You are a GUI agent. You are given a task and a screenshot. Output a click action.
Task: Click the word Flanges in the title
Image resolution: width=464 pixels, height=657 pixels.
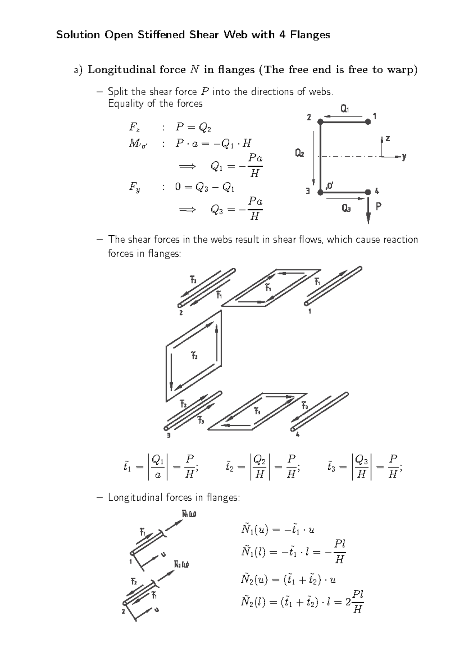click(x=310, y=35)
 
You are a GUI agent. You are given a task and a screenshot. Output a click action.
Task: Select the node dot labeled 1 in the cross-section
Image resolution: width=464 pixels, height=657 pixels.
click(x=368, y=122)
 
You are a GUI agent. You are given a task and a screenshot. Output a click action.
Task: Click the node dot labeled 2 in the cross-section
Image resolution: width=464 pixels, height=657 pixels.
click(x=320, y=122)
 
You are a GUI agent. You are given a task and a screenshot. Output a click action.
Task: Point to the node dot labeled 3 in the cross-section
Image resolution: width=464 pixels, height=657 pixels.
click(x=320, y=192)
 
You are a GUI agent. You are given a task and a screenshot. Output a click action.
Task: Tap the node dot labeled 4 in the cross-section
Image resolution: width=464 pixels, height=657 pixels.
click(x=368, y=192)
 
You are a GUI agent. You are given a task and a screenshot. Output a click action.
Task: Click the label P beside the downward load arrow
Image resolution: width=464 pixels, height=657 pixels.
click(x=379, y=207)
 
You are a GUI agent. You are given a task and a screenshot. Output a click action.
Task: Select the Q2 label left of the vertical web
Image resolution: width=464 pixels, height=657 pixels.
click(x=299, y=154)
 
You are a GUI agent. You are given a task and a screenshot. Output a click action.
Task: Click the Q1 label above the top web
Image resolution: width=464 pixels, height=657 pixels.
click(x=345, y=109)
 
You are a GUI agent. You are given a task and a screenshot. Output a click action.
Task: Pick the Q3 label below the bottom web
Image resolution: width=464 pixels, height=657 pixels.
click(x=346, y=209)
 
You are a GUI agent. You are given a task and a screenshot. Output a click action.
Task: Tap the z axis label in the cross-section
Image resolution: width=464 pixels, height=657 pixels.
click(x=387, y=138)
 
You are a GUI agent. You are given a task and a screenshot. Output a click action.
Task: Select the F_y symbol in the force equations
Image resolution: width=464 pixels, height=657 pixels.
click(x=135, y=188)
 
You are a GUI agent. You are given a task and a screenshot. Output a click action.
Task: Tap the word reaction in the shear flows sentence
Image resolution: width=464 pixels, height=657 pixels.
click(x=400, y=240)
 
